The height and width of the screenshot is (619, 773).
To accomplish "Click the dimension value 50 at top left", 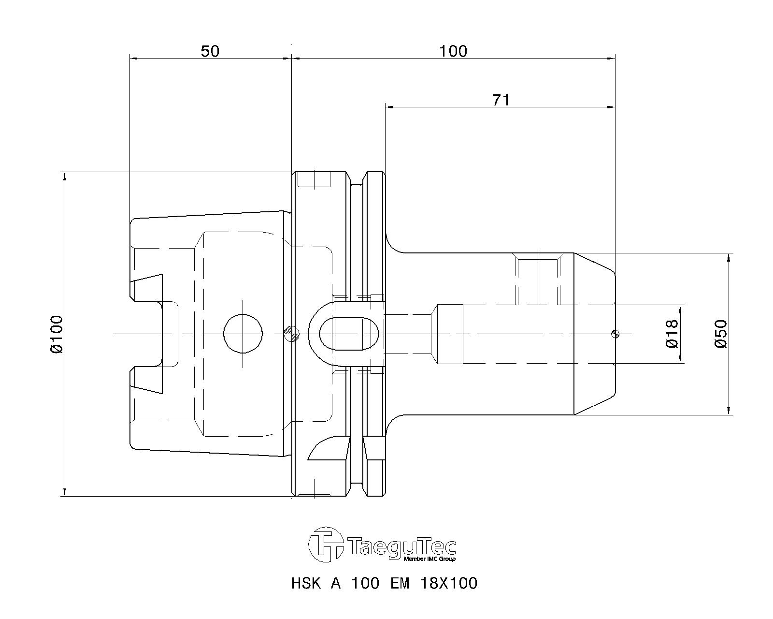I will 210,51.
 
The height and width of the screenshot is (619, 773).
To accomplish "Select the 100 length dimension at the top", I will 453,51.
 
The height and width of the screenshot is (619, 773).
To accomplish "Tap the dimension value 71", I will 501,100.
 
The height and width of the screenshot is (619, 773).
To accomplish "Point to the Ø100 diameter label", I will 57,334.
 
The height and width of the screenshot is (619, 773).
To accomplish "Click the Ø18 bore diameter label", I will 673,334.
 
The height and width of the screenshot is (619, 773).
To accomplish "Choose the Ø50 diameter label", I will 721,334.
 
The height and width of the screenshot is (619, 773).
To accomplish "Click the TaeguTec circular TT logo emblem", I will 326,545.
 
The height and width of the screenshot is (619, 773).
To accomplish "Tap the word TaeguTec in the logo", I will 401,546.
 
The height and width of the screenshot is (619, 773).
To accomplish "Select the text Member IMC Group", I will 429,559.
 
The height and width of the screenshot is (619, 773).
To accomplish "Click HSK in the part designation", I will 306,583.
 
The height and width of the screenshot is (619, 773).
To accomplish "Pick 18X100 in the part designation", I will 449,583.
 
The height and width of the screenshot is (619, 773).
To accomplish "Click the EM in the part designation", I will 400,583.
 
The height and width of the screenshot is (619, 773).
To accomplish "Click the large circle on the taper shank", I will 243,334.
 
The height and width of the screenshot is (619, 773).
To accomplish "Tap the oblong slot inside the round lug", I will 350,334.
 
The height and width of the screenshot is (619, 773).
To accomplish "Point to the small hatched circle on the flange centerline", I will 292,332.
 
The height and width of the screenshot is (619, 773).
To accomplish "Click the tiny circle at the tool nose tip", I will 615,333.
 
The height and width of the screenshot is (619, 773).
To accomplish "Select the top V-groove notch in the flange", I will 357,179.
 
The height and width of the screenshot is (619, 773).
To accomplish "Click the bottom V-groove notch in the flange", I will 357,488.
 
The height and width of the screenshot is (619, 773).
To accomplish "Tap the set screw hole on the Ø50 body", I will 538,280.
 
